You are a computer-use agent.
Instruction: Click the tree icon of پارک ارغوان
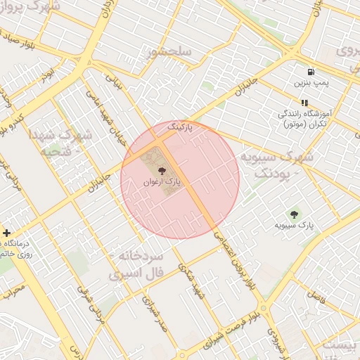click(x=162, y=171)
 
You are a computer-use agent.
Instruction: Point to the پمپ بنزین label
click(x=311, y=83)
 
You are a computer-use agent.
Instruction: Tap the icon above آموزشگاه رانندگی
click(x=304, y=103)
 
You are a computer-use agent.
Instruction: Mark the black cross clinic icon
click(x=6, y=233)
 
